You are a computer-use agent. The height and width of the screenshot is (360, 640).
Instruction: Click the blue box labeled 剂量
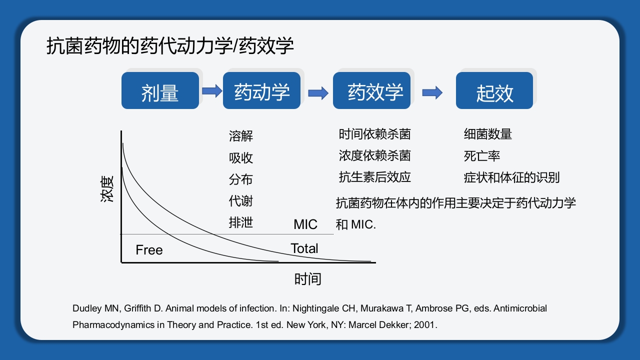coord(160,91)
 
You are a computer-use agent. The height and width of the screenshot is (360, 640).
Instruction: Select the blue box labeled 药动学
coord(261,91)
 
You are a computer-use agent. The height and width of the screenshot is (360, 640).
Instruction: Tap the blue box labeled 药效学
coord(371,91)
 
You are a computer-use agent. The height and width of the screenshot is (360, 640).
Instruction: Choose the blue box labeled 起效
coord(494,91)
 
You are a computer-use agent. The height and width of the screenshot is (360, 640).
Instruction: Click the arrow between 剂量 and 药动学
coord(211,91)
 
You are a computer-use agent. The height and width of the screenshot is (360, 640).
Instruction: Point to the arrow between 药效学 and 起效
coord(432,92)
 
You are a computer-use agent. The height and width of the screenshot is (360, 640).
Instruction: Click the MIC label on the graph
coord(305,224)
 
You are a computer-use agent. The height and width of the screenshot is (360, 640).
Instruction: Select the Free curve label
coord(149,250)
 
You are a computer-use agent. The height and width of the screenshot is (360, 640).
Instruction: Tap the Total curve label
coord(304,248)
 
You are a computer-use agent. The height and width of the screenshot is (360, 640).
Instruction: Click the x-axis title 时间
coord(307,279)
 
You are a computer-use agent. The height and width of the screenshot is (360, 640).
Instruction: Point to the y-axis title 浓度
coord(107,188)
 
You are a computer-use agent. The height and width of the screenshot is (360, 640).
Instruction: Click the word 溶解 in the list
coord(241,136)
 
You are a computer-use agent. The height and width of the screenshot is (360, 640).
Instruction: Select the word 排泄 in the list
coord(241,222)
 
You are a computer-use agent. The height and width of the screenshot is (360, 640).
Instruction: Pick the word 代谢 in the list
coord(241,201)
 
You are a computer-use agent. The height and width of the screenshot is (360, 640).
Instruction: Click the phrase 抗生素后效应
coord(374,177)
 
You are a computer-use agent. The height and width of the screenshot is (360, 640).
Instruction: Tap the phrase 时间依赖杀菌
coord(374,134)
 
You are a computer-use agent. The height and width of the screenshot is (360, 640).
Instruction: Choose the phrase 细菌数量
coord(487,134)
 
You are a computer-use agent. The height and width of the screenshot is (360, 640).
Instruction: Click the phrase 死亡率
coord(481,156)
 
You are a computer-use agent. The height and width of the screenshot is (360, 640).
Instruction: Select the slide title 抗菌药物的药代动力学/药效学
coord(170,46)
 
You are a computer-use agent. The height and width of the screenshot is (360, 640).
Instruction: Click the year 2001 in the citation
coord(427,324)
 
